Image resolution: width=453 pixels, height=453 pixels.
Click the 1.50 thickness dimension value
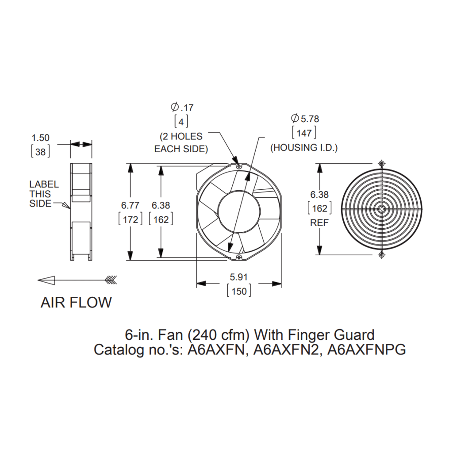(40, 138)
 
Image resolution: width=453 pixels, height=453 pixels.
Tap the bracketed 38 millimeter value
(40, 152)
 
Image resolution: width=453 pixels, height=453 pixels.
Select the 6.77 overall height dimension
(130, 205)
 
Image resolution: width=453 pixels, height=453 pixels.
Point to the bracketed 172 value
(131, 219)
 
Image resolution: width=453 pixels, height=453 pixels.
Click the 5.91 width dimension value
(238, 277)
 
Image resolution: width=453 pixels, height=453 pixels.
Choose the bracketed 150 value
(239, 291)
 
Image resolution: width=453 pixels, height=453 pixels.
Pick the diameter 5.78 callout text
(305, 119)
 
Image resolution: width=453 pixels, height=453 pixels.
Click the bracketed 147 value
(304, 133)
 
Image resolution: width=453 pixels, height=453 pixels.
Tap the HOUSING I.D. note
(304, 148)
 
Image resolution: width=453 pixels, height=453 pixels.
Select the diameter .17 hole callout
(182, 107)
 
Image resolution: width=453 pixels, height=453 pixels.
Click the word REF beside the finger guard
(319, 223)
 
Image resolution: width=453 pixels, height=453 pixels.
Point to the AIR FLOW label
(76, 303)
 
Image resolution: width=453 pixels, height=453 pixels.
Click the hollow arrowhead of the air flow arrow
(46, 280)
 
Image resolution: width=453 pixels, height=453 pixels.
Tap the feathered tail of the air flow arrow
(111, 280)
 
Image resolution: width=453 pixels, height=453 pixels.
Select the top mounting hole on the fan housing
(238, 166)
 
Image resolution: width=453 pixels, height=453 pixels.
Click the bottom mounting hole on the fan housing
(239, 257)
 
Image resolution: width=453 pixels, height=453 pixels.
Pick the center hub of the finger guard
(382, 209)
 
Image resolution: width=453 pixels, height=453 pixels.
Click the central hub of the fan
(239, 211)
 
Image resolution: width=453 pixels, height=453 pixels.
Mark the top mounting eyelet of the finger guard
(382, 164)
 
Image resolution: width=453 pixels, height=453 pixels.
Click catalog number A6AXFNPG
(366, 349)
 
